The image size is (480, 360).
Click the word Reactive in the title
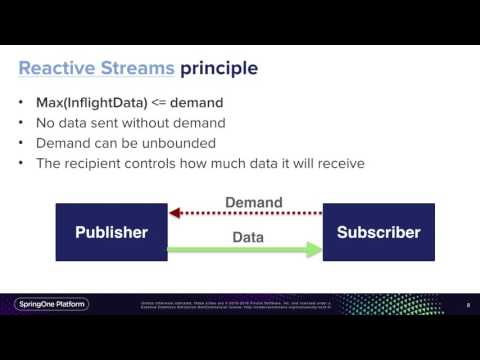[58, 68]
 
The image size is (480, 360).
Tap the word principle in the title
[219, 68]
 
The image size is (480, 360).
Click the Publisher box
[112, 233]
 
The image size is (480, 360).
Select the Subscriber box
[379, 233]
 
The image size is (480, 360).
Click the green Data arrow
[246, 249]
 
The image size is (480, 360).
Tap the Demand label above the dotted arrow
[254, 202]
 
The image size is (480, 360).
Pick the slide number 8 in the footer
[468, 305]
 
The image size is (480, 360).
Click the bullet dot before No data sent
[24, 122]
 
